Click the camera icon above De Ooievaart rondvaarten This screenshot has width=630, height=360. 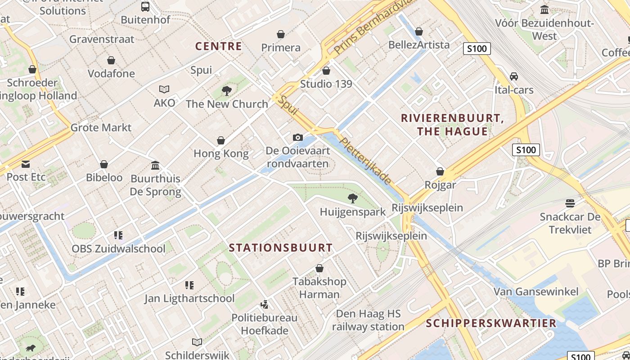[x=297, y=137]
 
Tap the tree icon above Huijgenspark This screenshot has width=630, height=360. [x=353, y=198]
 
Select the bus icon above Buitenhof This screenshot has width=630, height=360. [x=145, y=6]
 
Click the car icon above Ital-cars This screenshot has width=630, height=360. [x=513, y=76]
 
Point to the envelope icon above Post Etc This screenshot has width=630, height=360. [x=25, y=164]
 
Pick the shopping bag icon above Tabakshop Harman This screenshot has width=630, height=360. [x=319, y=268]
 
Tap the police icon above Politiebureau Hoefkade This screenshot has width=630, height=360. [x=265, y=304]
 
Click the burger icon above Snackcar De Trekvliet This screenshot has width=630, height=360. [x=570, y=203]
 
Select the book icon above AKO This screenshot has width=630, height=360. [x=164, y=90]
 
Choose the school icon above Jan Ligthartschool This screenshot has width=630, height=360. [x=189, y=285]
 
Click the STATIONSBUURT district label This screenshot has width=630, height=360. [x=281, y=248]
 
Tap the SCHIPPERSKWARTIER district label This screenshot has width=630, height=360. [x=491, y=323]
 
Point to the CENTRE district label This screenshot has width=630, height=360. [x=219, y=46]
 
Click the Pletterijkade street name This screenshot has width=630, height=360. [x=365, y=161]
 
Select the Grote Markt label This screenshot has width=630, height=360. [x=101, y=128]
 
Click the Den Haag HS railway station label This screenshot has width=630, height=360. [x=368, y=320]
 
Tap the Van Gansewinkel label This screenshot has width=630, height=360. [x=536, y=292]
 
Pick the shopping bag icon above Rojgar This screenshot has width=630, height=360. [x=440, y=171]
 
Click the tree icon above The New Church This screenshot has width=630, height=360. [x=227, y=91]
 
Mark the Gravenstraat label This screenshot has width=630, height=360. [x=102, y=39]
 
